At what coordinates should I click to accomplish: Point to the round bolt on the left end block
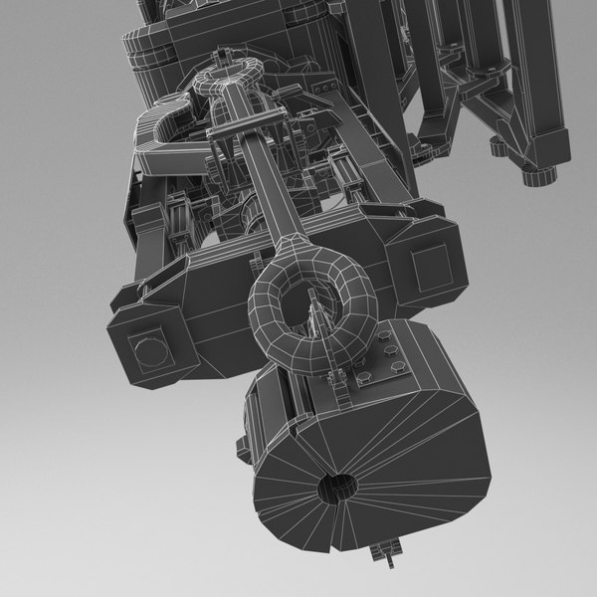[146, 350]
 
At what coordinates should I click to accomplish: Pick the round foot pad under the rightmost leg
[538, 176]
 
